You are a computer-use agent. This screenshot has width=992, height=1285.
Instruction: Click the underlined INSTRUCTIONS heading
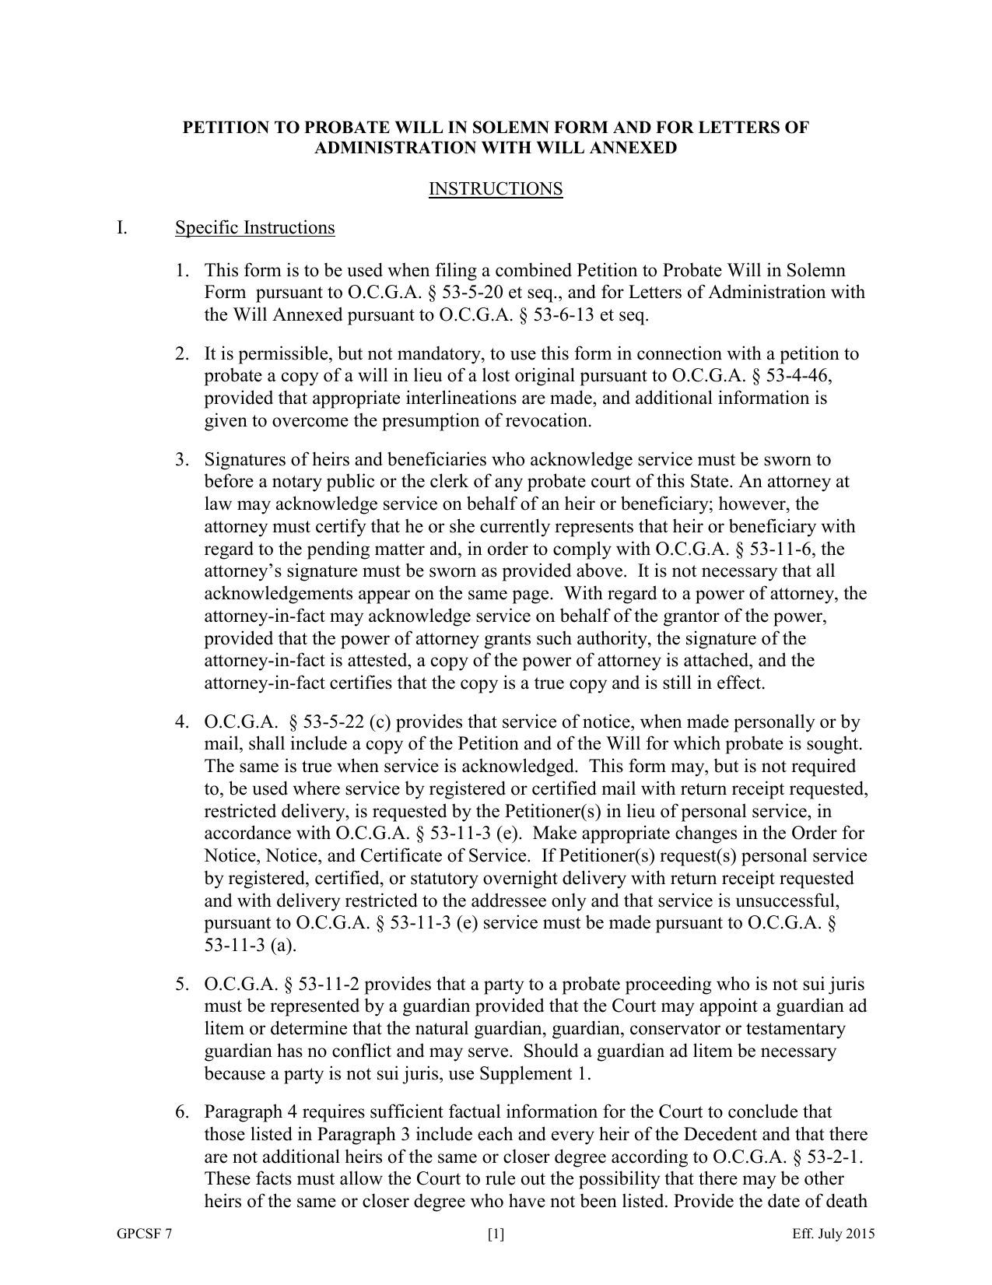pos(496,189)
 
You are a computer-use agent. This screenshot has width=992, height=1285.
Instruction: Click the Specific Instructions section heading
pos(254,227)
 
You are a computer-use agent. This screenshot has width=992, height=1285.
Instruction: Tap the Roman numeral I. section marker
pos(122,227)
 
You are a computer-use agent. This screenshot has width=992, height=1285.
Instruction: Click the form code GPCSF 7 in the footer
pos(140,1234)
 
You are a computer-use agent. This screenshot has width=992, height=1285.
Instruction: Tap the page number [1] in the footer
pos(496,1234)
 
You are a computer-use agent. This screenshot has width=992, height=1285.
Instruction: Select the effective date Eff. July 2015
pos(833,1234)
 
